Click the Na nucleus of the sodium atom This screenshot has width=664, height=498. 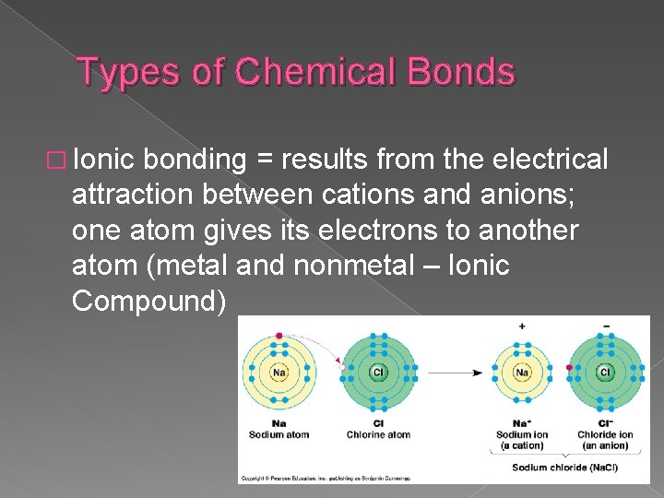279,373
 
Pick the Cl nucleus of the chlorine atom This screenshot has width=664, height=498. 377,373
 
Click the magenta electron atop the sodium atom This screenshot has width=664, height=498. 279,335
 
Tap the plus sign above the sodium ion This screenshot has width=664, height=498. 522,326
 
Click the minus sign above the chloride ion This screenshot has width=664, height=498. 605,326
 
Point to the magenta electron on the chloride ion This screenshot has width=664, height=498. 569,368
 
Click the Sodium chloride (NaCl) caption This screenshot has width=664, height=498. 565,468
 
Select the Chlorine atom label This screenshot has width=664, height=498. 378,434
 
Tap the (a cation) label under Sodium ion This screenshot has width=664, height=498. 522,445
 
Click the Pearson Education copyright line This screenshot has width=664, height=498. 326,479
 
